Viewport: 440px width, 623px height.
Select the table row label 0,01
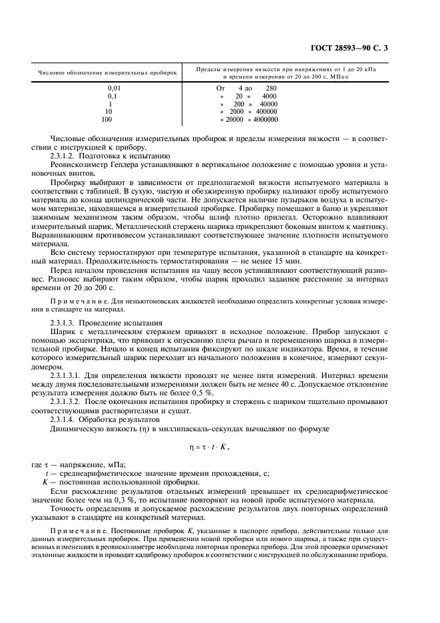[115, 88]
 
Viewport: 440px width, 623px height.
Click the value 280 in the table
[271, 88]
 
